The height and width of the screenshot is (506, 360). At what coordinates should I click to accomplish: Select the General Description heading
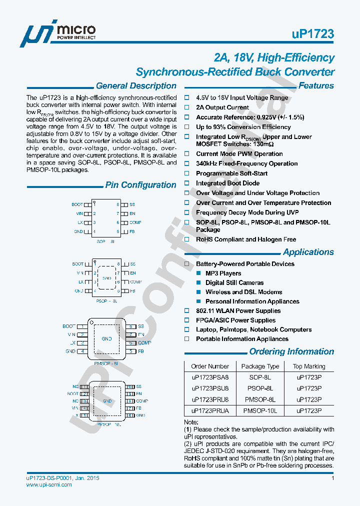pyautogui.click(x=136, y=86)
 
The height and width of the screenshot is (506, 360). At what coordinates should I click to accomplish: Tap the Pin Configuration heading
pyautogui.click(x=140, y=185)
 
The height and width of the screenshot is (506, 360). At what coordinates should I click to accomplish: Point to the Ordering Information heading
pyautogui.click(x=291, y=351)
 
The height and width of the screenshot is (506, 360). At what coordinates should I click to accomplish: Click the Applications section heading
pyautogui.click(x=308, y=252)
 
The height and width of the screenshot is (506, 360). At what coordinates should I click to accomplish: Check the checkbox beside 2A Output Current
pyautogui.click(x=187, y=107)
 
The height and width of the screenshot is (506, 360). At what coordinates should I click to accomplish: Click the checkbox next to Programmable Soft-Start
pyautogui.click(x=187, y=173)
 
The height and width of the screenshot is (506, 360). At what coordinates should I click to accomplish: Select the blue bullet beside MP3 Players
pyautogui.click(x=198, y=273)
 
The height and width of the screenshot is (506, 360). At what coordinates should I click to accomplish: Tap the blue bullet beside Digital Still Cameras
pyautogui.click(x=198, y=283)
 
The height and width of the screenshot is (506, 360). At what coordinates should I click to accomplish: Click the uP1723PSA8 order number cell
pyautogui.click(x=210, y=377)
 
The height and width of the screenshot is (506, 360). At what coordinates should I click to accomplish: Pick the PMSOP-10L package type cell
pyautogui.click(x=260, y=410)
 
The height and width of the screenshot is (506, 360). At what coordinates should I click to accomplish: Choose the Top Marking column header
pyautogui.click(x=309, y=366)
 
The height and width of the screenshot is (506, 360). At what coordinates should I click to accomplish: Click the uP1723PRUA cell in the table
pyautogui.click(x=210, y=410)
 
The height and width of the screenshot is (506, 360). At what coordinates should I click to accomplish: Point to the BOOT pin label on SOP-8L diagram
pyautogui.click(x=77, y=204)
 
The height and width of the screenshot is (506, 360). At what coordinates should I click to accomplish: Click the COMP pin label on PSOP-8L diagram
pyautogui.click(x=136, y=282)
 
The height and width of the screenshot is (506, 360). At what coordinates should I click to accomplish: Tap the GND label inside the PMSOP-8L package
pyautogui.click(x=106, y=338)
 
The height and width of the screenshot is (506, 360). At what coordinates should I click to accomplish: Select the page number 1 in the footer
pyautogui.click(x=332, y=478)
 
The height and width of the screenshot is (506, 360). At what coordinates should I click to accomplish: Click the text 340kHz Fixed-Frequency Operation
pyautogui.click(x=246, y=163)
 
